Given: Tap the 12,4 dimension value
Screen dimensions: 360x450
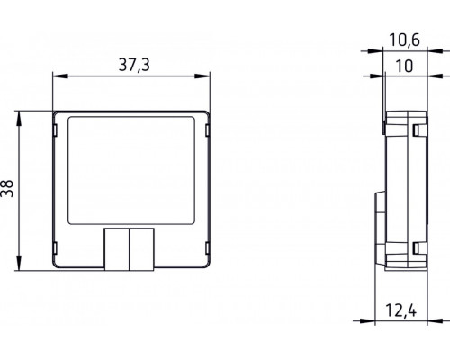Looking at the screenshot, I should (x=404, y=311).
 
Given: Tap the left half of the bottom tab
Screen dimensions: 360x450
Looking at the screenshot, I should (x=118, y=248).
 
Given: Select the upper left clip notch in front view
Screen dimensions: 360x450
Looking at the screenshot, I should (x=60, y=131).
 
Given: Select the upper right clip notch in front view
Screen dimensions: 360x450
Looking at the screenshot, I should (x=205, y=131).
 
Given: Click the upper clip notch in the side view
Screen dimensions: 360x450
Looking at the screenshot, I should (x=418, y=131).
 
